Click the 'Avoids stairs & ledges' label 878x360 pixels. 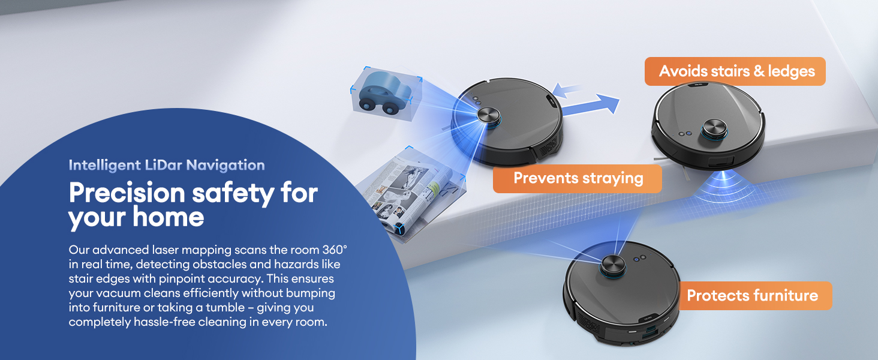click(735, 71)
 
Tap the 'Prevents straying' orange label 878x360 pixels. click(578, 178)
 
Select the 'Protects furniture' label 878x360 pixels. click(755, 296)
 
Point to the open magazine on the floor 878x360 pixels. click(411, 194)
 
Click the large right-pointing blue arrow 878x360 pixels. click(591, 106)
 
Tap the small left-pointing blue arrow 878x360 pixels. click(566, 91)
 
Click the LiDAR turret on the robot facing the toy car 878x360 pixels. click(489, 116)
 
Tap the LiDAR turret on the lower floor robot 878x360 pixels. click(613, 266)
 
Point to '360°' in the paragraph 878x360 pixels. click(335, 250)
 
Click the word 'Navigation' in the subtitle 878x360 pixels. click(225, 166)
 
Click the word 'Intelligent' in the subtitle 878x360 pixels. click(105, 166)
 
